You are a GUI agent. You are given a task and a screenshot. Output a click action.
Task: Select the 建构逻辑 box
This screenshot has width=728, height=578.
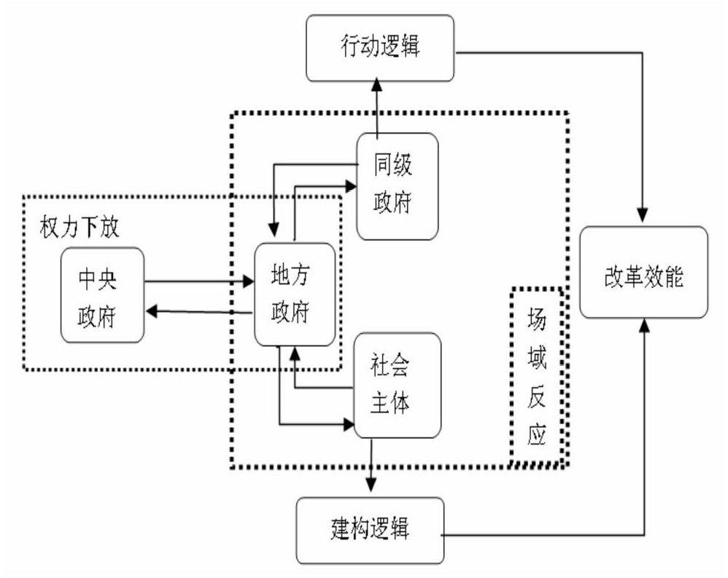click(371, 529)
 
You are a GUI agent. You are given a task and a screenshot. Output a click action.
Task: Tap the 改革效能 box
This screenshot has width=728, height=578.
click(643, 273)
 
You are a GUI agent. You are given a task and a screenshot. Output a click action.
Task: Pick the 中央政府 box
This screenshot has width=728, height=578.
click(102, 295)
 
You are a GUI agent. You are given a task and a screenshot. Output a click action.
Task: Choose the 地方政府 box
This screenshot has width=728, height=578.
click(294, 294)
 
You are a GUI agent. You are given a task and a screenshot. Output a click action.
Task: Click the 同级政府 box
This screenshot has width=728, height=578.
click(398, 186)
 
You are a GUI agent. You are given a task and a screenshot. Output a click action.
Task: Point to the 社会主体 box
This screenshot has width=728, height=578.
click(398, 384)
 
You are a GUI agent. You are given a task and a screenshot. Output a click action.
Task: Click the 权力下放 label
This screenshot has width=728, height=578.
click(79, 225)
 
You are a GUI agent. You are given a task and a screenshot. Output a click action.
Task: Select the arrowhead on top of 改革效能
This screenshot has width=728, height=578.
click(643, 217)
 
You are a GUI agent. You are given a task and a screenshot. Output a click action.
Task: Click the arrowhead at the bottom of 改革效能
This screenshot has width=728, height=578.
click(643, 326)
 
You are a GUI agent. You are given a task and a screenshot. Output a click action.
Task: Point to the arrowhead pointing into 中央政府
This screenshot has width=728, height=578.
click(152, 311)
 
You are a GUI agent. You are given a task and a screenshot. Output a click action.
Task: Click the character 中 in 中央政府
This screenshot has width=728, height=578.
click(90, 281)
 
